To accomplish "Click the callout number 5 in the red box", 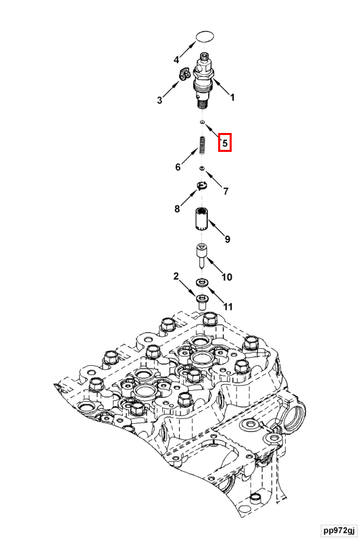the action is (x=225, y=142).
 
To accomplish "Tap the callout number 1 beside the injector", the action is (x=232, y=97).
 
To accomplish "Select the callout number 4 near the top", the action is (x=176, y=59).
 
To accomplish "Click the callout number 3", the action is (x=159, y=100).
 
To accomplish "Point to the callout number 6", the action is (x=178, y=167).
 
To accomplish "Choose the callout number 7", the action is (x=226, y=191).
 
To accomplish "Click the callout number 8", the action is (x=177, y=209).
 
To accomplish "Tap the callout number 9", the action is (x=228, y=239).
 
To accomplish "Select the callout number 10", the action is (x=227, y=277).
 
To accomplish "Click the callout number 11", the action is (x=228, y=306).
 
